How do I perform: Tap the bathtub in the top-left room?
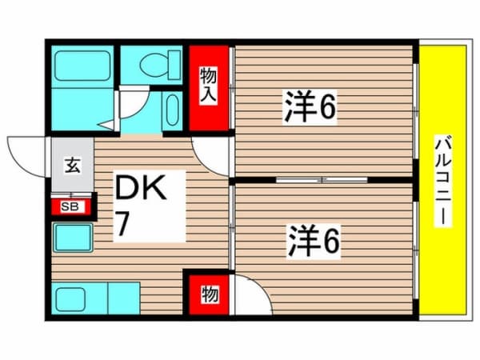point(82,66)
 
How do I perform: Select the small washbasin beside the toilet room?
point(172,110)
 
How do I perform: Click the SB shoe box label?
point(70,206)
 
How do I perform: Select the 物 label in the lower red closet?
point(210,294)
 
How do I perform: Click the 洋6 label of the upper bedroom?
point(310,106)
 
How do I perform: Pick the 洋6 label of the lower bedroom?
point(314,242)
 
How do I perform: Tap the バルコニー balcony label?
point(443,181)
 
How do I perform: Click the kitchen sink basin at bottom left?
point(70,299)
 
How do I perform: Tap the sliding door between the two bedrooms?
point(322,180)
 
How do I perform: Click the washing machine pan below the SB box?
point(73,238)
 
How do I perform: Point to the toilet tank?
point(174,66)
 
